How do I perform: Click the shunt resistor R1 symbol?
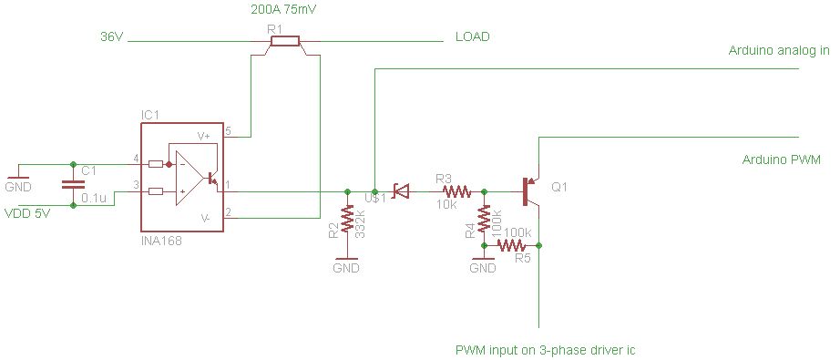tap(283, 40)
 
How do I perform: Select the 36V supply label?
tap(111, 38)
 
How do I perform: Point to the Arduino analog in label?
tap(778, 51)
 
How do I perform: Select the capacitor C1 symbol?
tap(73, 185)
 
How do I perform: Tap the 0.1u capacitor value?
tap(92, 198)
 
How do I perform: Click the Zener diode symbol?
tap(399, 191)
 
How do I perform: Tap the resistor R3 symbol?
tap(456, 191)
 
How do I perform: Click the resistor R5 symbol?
tap(512, 245)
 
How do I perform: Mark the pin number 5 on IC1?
tap(229, 131)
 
